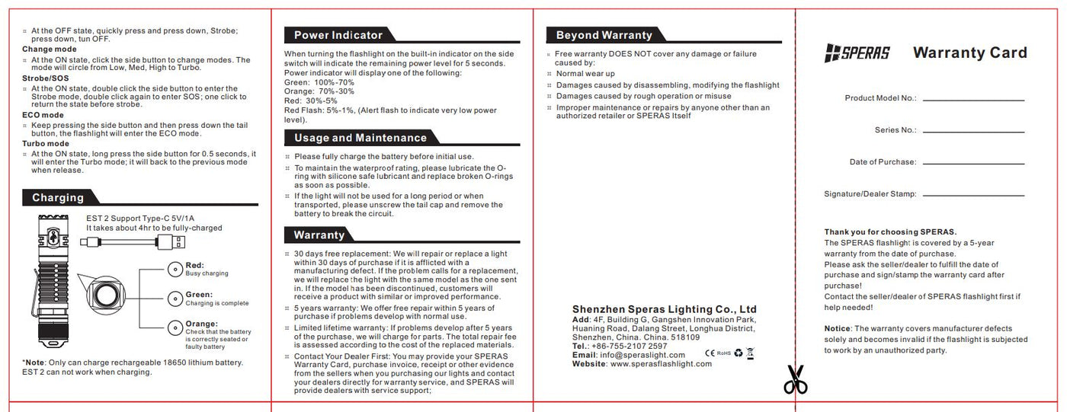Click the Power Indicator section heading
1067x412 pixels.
click(x=338, y=35)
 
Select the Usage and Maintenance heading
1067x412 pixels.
click(x=360, y=138)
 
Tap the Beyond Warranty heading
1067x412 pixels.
click(x=604, y=35)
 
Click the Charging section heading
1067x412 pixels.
click(x=58, y=198)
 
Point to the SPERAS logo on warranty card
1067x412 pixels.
click(x=857, y=53)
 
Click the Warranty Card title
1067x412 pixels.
click(x=969, y=53)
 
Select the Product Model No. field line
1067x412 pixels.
click(x=973, y=99)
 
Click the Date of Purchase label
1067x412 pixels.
click(x=883, y=162)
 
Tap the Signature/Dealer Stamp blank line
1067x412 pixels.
click(x=973, y=195)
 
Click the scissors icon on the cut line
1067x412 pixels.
click(x=795, y=380)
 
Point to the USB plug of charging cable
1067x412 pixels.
click(x=176, y=242)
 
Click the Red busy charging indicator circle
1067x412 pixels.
click(x=175, y=268)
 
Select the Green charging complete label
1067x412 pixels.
click(x=199, y=295)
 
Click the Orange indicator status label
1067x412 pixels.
click(x=201, y=324)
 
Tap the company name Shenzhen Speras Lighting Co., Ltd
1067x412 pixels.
click(x=664, y=309)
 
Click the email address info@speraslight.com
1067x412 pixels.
click(x=642, y=355)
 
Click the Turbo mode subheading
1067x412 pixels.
click(x=46, y=143)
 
